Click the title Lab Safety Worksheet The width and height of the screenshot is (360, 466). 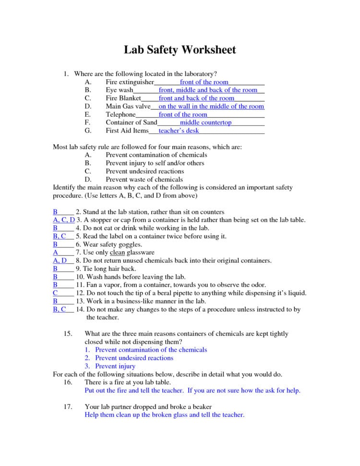pyautogui.click(x=180, y=50)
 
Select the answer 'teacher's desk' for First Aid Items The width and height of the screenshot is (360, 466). pyautogui.click(x=179, y=131)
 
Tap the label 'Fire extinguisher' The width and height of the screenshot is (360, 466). pyautogui.click(x=130, y=82)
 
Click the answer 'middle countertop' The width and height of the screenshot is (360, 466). pyautogui.click(x=205, y=123)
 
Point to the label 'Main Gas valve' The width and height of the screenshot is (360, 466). pyautogui.click(x=128, y=106)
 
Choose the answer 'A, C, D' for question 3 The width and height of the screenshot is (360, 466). pyautogui.click(x=64, y=220)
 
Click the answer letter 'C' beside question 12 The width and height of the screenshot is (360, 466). pyautogui.click(x=55, y=293)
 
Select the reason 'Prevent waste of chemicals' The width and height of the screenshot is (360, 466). pyautogui.click(x=144, y=179)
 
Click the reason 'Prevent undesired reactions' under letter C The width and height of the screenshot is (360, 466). pyautogui.click(x=144, y=171)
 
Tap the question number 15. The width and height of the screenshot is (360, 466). pyautogui.click(x=68, y=333)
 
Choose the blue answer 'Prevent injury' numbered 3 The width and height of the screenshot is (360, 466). pyautogui.click(x=115, y=366)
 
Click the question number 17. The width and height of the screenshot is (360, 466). pyautogui.click(x=68, y=407)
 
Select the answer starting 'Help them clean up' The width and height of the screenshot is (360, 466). pyautogui.click(x=164, y=415)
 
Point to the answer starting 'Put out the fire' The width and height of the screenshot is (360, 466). pyautogui.click(x=192, y=391)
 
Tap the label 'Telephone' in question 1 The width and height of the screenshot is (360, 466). pyautogui.click(x=120, y=114)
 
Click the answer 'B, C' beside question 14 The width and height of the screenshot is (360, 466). pyautogui.click(x=60, y=309)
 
